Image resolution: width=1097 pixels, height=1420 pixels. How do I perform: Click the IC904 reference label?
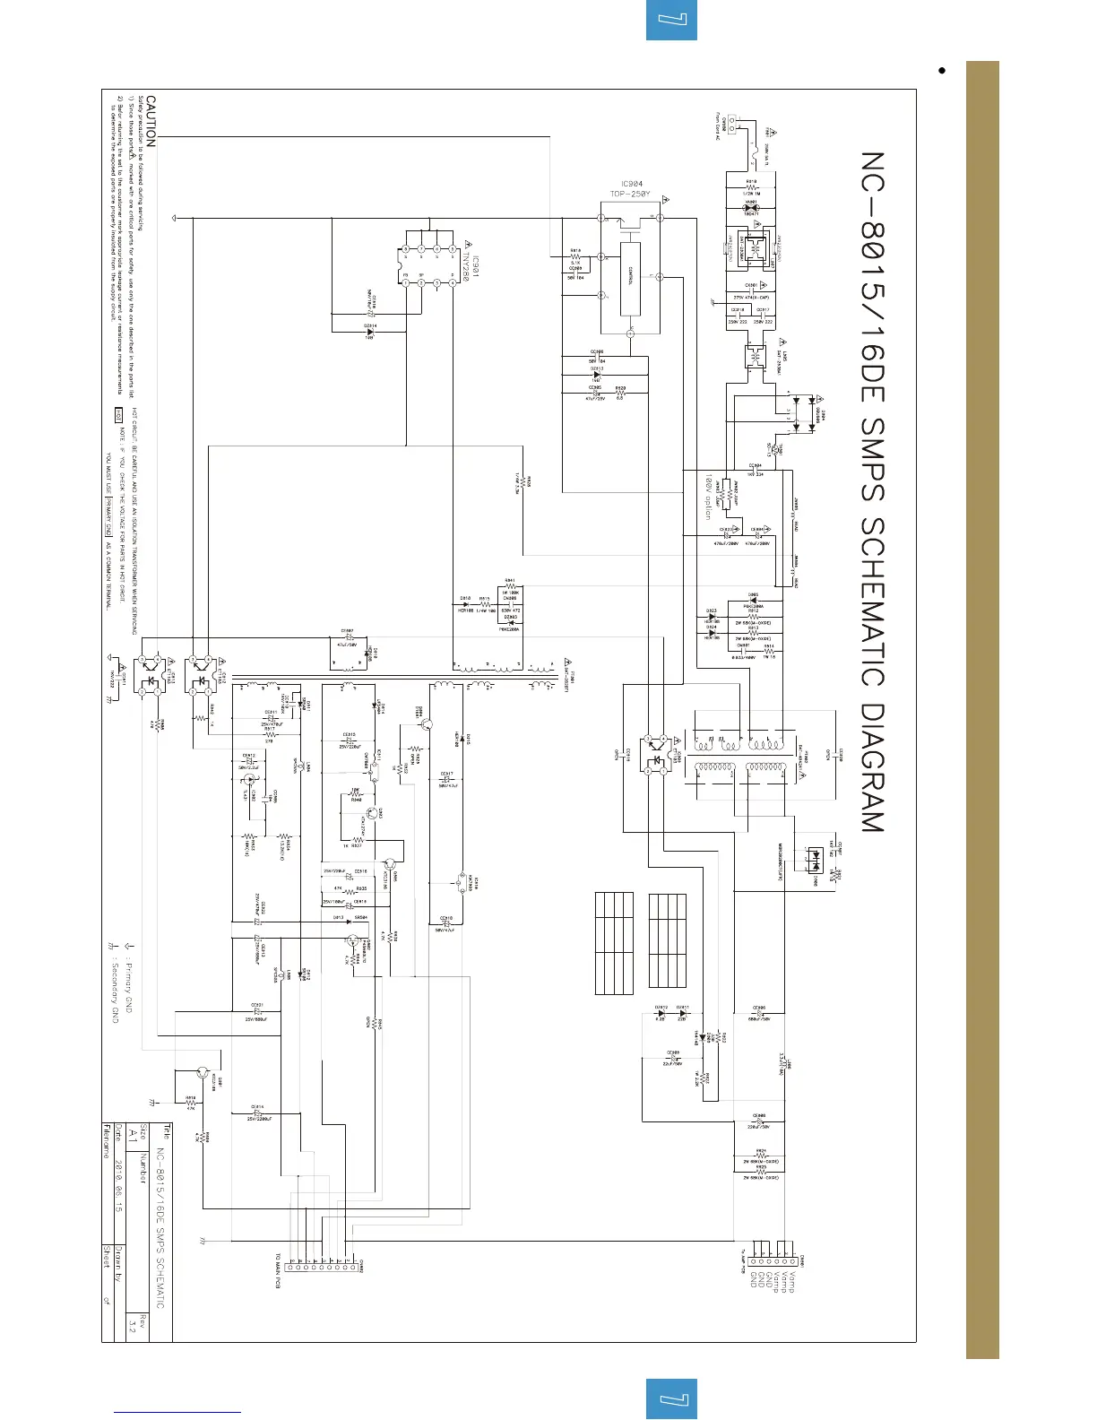click(x=633, y=185)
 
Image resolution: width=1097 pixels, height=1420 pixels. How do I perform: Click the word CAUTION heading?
click(x=151, y=122)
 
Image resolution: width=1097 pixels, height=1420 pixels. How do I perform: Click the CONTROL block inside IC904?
click(x=631, y=279)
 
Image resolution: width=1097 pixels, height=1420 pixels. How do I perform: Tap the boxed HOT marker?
click(x=118, y=415)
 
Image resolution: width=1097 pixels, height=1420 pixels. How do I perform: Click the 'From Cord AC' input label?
click(x=718, y=126)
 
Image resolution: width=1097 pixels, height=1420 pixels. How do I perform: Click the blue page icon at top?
click(x=671, y=20)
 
